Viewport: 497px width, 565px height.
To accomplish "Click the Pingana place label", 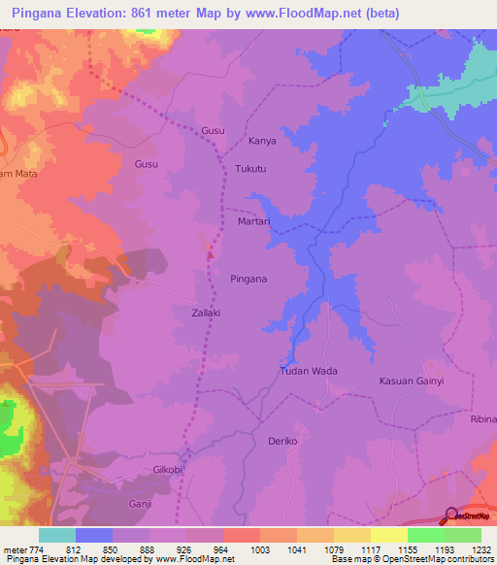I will (248, 279).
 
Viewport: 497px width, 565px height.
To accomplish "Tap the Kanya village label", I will (262, 141).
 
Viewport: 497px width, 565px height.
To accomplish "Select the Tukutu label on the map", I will (250, 168).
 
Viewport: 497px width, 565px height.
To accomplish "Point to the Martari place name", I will (253, 222).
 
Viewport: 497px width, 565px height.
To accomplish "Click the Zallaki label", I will (205, 313).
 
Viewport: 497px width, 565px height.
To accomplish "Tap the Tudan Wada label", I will (308, 371).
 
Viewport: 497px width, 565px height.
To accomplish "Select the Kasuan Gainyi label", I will (411, 382).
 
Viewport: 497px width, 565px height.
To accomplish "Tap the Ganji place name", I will (141, 504).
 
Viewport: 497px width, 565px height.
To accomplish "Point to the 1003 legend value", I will (261, 550).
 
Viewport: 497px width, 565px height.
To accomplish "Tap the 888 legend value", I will (149, 550).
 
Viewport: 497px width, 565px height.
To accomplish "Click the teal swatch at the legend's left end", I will (57, 535).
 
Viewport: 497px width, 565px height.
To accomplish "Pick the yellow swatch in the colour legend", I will (389, 535).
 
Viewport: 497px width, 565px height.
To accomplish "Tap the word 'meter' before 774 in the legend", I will (14, 550).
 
